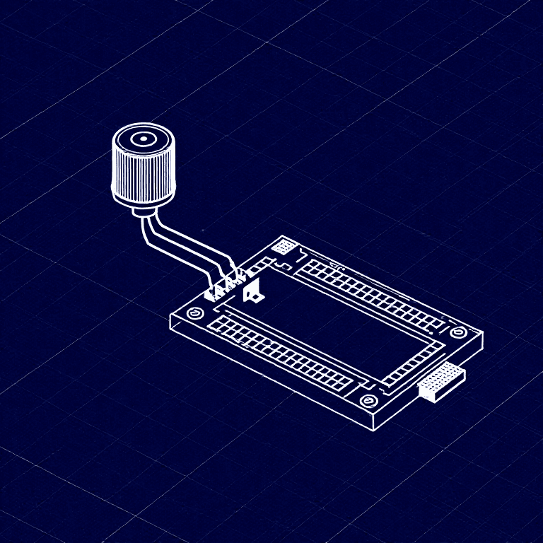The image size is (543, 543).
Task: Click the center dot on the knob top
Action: coord(143,139)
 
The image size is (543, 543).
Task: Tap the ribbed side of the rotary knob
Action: coord(143,177)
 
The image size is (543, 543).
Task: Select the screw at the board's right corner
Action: coord(458,332)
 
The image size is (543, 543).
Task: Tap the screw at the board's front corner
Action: coord(367,401)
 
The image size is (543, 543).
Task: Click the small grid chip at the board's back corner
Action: coord(284,247)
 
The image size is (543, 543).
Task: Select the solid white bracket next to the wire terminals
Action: coord(253,291)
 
